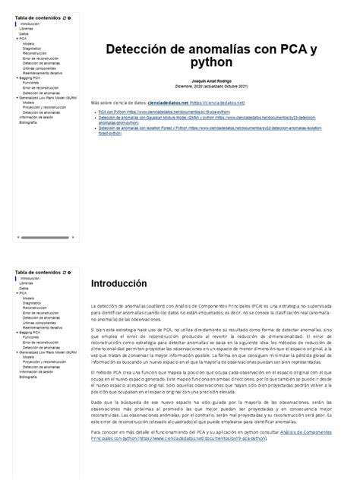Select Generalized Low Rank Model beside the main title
tap(48, 97)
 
